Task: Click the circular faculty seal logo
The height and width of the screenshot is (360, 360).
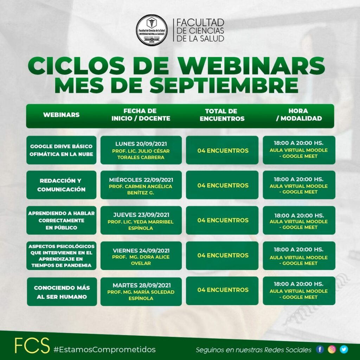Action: coord(152,30)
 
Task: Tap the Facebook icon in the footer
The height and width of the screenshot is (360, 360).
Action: coord(320,349)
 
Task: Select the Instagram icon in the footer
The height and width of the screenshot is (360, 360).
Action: coord(332,349)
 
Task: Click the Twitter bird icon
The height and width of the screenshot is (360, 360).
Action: coord(344,349)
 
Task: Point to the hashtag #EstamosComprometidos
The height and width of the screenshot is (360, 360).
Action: coord(104,349)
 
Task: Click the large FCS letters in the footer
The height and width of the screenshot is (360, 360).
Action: coord(32,345)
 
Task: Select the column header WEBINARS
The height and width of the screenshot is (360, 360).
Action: coord(61,115)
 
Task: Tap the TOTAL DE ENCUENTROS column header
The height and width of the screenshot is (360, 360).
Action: coord(222,115)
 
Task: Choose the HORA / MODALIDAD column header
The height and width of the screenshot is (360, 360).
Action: coord(299,115)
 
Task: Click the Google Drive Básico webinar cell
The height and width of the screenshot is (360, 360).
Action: coord(61,150)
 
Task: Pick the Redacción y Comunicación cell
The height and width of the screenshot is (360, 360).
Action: coord(61,185)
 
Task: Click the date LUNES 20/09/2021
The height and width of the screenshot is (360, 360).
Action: coord(141,144)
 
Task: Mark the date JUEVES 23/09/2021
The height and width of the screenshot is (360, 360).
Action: coord(141,215)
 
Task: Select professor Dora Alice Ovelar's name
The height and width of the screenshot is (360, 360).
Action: coord(141,260)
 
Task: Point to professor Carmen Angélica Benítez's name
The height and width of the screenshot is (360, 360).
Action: coord(141,189)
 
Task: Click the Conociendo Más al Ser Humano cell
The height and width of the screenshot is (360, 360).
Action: coord(62,291)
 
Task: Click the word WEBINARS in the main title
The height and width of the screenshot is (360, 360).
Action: coord(252,65)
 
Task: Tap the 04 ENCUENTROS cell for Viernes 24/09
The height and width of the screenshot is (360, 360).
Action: coord(222,256)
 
